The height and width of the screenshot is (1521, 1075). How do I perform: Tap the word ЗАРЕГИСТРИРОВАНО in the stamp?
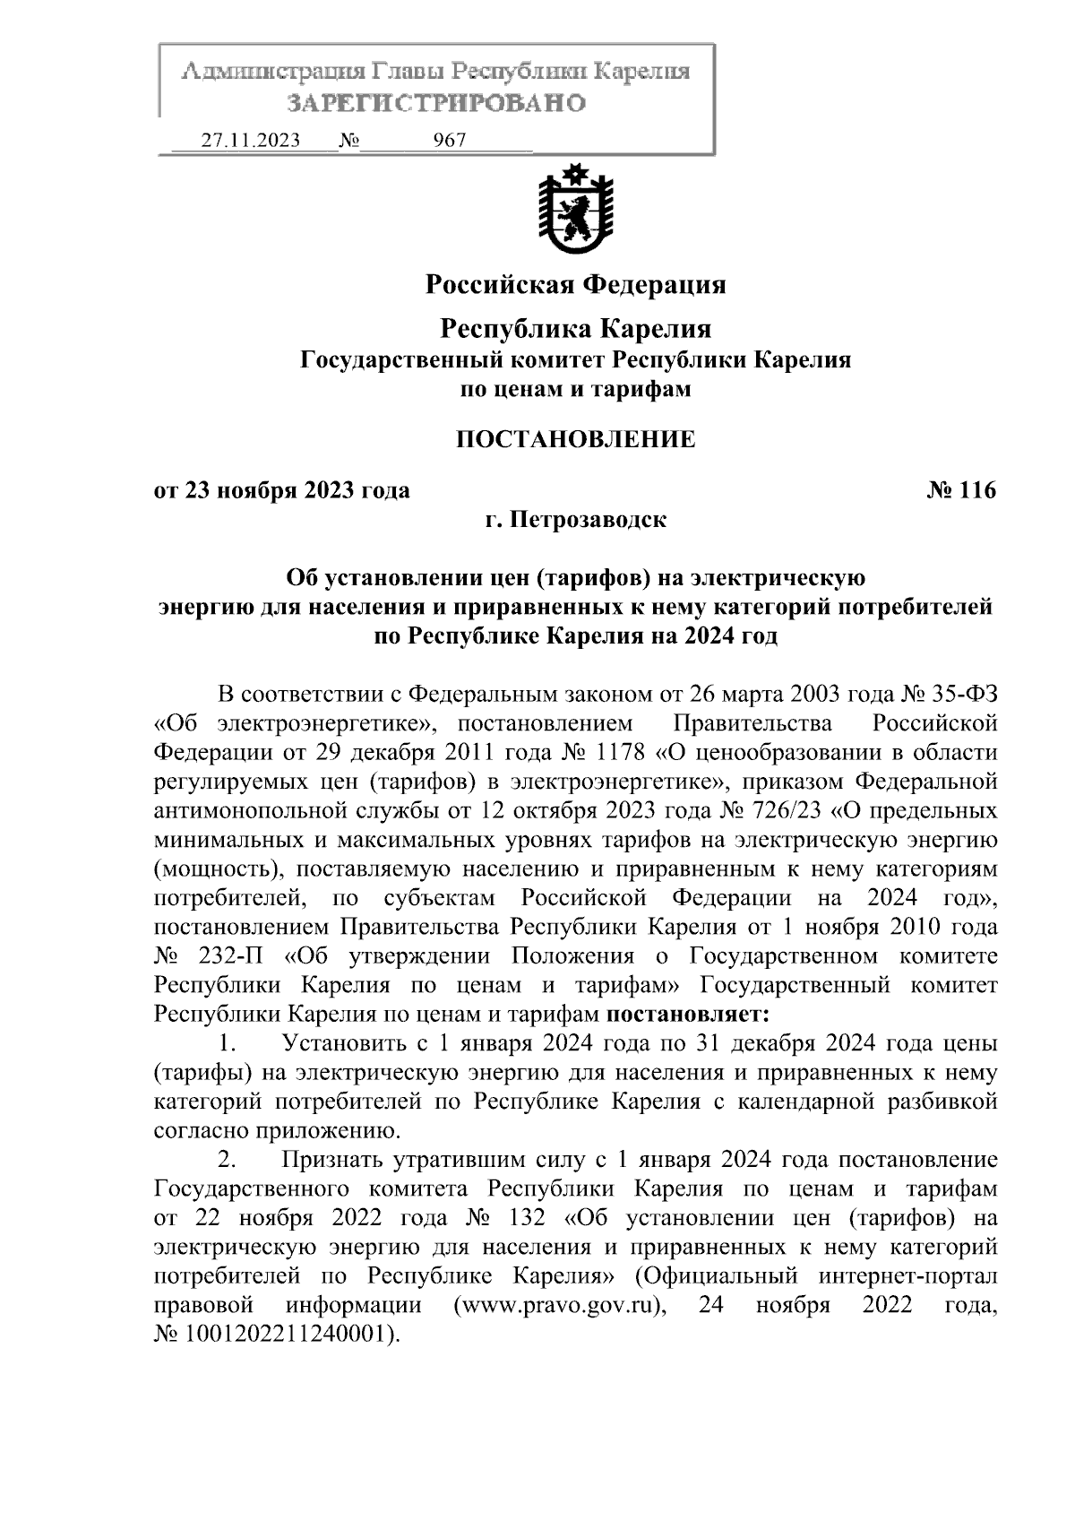coord(436,103)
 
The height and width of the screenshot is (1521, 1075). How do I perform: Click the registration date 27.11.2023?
coord(250,141)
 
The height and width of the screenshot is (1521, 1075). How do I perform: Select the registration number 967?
coord(449,141)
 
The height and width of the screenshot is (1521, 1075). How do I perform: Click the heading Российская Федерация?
coord(574,285)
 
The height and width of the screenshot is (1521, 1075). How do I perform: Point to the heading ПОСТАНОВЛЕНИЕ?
coord(574,439)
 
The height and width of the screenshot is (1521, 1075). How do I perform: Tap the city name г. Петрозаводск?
coord(575,520)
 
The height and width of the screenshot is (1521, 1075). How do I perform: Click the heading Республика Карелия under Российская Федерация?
coord(574,329)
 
